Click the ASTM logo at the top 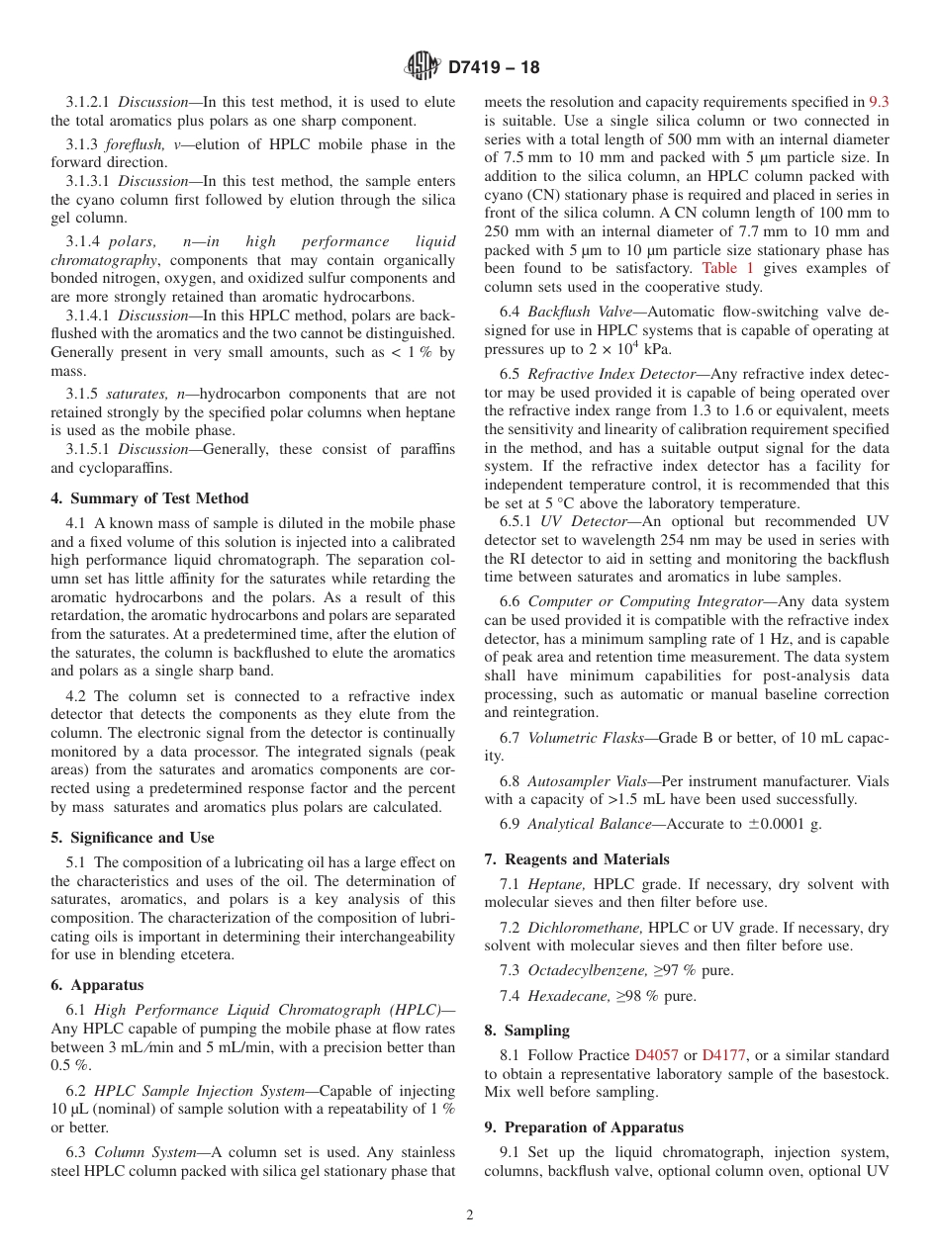click(422, 67)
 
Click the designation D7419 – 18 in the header click(494, 68)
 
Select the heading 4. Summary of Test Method click(149, 498)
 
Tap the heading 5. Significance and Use click(133, 838)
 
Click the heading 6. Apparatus click(97, 985)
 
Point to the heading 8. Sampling click(526, 1031)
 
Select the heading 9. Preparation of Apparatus click(584, 1127)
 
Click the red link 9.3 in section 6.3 click(879, 102)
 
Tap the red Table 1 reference click(727, 268)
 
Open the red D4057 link click(657, 1055)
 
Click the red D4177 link click(724, 1055)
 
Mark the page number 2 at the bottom click(470, 1215)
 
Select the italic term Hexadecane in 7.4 click(569, 996)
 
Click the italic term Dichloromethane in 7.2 click(586, 928)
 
